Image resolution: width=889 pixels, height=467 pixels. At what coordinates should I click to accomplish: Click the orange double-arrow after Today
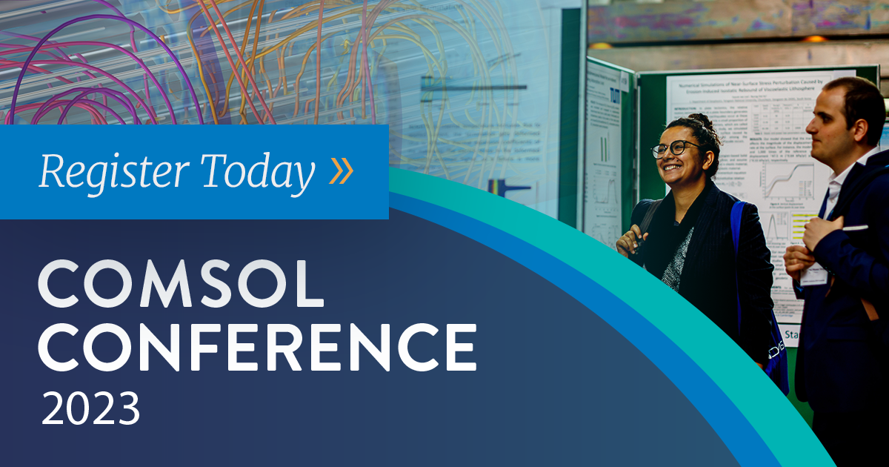coord(342,171)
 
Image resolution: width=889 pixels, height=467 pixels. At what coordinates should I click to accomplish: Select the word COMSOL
coord(181,285)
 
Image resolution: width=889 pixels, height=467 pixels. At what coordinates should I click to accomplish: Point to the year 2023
coord(90,408)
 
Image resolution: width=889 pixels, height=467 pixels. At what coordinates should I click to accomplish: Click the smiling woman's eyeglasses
coord(675,149)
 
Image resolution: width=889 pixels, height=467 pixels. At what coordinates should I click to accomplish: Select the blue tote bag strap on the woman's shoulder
coord(737,222)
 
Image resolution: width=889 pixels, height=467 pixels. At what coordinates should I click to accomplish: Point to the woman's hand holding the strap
coord(628,240)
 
